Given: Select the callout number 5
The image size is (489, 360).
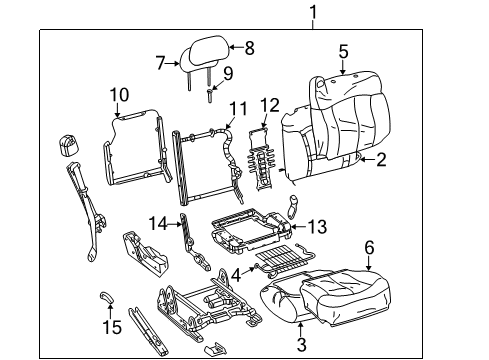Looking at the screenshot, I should [x=342, y=51].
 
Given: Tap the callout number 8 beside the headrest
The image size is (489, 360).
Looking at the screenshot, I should [x=249, y=46].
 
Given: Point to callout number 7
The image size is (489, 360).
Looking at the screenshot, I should [x=160, y=63].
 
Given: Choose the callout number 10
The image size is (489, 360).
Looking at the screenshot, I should [x=119, y=95].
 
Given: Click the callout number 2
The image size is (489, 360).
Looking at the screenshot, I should [x=380, y=158].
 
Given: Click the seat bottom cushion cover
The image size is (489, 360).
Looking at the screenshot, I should [x=330, y=299].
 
